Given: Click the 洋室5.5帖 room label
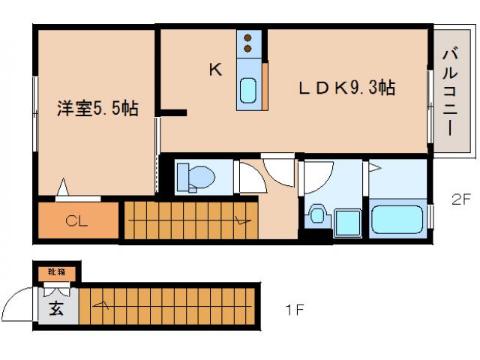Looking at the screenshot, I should pyautogui.click(x=97, y=109).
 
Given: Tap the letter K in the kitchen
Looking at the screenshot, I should pyautogui.click(x=215, y=70).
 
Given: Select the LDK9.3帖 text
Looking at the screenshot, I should pyautogui.click(x=346, y=88).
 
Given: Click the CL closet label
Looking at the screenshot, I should pyautogui.click(x=76, y=221).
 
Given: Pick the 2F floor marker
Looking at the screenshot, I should pyautogui.click(x=460, y=199).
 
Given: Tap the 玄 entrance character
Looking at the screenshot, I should pyautogui.click(x=57, y=307).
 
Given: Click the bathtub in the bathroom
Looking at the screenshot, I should pyautogui.click(x=398, y=220).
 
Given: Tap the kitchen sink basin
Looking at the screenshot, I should pyautogui.click(x=247, y=91).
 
